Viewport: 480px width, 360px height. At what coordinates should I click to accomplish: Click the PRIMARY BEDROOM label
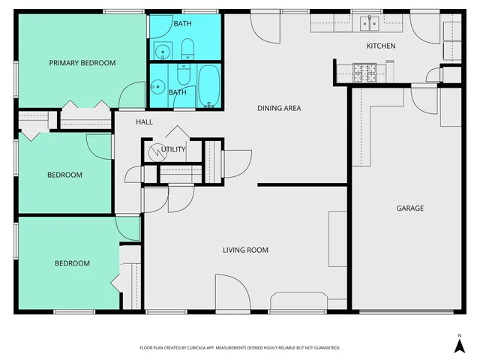tap(82, 63)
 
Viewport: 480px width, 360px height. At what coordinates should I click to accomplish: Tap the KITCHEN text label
tap(380, 46)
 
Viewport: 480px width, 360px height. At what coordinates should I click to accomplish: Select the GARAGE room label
tap(410, 208)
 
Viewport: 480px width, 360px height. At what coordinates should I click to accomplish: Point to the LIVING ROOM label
tap(245, 250)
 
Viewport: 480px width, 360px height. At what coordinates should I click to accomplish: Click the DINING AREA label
tap(279, 109)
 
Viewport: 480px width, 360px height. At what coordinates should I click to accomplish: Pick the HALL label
tap(145, 121)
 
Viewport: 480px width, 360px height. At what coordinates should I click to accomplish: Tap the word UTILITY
tap(173, 149)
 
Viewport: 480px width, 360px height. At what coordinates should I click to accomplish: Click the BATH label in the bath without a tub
tap(182, 24)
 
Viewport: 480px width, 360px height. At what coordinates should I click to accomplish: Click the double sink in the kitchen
tap(369, 23)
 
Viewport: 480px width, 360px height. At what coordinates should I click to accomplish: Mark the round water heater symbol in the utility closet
tap(154, 151)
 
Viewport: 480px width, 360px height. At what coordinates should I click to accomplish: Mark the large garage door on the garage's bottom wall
tap(406, 311)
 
